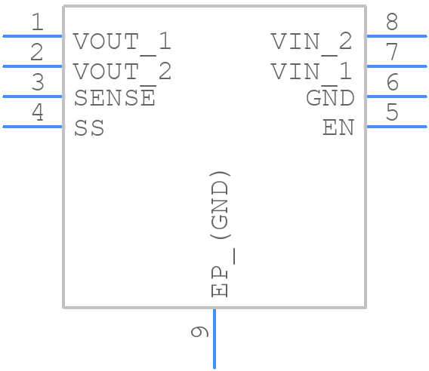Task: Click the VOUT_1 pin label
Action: coord(122,41)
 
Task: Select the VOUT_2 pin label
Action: coord(122,72)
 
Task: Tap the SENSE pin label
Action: coord(115,98)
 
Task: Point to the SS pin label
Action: coord(89,129)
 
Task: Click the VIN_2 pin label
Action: coord(311,41)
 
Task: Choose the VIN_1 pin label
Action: coord(311,72)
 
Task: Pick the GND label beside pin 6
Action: coord(330,98)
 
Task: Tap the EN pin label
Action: coord(338,128)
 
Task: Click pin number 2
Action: coord(37,53)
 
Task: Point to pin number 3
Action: coord(37,83)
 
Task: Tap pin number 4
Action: coord(37,113)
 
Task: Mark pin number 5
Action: coord(392,113)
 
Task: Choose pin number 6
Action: coord(392,83)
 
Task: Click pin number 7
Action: coord(392,53)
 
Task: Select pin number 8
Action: coord(392,23)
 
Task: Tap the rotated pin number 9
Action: coord(199,332)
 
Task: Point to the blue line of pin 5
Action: coord(397,127)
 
